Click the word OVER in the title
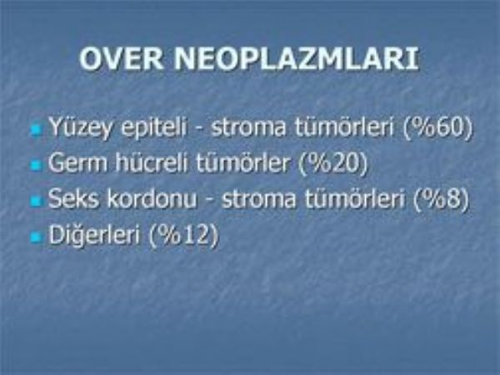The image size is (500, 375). tap(122, 59)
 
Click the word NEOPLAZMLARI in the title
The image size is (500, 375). tap(296, 59)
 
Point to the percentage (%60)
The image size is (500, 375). tap(437, 127)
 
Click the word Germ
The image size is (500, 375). tap(77, 163)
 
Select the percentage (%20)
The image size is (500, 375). tap(333, 163)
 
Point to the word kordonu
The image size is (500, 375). tap(152, 198)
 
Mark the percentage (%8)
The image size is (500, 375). tap(441, 198)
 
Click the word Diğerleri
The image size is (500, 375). tap(94, 236)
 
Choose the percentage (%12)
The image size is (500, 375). tap(184, 236)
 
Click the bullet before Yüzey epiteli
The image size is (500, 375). tap(37, 130)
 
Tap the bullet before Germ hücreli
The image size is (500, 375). tap(37, 166)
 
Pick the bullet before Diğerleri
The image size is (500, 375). tap(37, 237)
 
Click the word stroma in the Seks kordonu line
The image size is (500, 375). tap(258, 199)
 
